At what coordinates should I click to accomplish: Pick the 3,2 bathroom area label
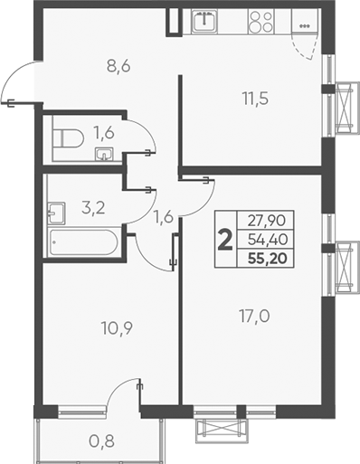pyautogui.click(x=92, y=207)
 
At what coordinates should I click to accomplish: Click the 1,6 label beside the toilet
pyautogui.click(x=104, y=133)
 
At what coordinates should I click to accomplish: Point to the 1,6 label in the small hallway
pyautogui.click(x=163, y=215)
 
